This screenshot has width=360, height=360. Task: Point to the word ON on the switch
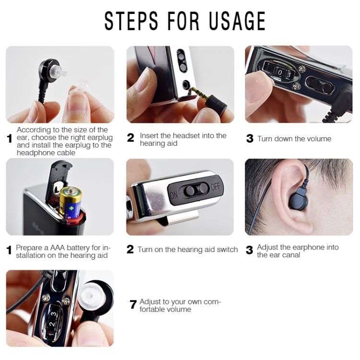pyautogui.click(x=173, y=194)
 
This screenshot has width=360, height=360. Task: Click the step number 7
pyautogui.click(x=133, y=305)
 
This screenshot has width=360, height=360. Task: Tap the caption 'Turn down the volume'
pyautogui.click(x=294, y=139)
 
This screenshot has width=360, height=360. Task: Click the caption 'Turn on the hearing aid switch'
pyautogui.click(x=187, y=250)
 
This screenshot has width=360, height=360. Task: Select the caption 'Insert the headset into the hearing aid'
pyautogui.click(x=183, y=139)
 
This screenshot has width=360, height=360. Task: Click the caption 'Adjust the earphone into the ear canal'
pyautogui.click(x=298, y=251)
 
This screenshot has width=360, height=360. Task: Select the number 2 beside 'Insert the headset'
pyautogui.click(x=131, y=138)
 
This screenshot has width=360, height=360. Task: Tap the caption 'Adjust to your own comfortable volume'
pyautogui.click(x=180, y=305)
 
